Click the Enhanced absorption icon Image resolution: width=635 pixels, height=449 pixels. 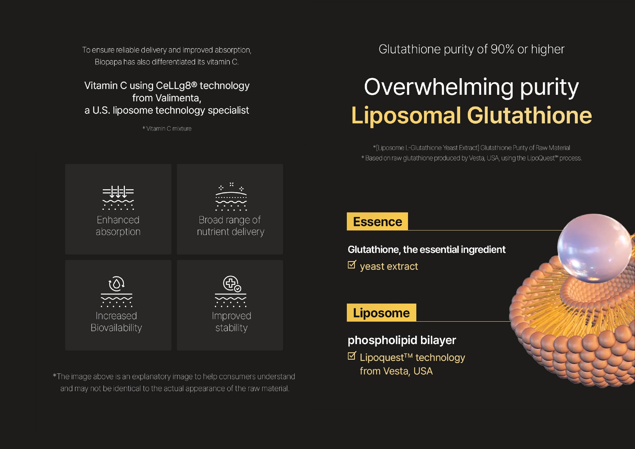(118, 198)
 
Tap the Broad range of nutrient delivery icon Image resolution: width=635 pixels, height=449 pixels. (231, 197)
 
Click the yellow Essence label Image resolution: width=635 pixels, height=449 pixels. (377, 221)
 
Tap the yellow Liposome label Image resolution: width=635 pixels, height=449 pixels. (381, 313)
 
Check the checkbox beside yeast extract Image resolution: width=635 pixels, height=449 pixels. (352, 264)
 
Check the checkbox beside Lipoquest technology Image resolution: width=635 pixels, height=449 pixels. (352, 356)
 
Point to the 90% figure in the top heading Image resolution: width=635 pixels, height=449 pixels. (502, 49)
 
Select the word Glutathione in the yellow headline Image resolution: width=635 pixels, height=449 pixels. (529, 115)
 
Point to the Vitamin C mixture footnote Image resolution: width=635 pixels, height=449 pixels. (167, 128)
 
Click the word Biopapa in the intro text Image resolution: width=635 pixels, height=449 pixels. (108, 62)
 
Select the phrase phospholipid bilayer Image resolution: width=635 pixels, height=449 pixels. (402, 340)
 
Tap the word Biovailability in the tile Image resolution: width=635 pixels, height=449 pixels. (116, 328)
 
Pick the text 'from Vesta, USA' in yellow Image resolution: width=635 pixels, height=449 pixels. (396, 371)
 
